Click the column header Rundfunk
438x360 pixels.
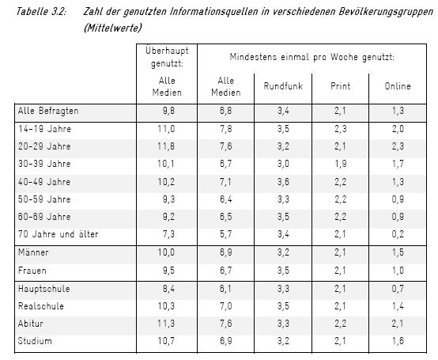click(x=283, y=86)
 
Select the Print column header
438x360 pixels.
click(x=340, y=86)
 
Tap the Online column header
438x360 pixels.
click(x=398, y=86)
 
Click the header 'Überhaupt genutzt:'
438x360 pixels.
click(x=167, y=57)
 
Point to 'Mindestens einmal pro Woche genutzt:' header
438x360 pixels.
click(x=312, y=57)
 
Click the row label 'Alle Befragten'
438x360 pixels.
click(x=48, y=111)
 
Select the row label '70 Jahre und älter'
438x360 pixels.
click(x=58, y=234)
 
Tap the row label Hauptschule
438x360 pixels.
click(x=43, y=289)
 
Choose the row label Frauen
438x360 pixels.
click(x=32, y=271)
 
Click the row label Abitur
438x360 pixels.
click(x=31, y=324)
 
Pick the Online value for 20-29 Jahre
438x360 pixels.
click(x=398, y=146)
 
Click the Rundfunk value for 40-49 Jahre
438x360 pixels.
click(x=283, y=182)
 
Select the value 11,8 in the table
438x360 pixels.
click(x=166, y=146)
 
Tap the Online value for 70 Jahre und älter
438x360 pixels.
click(x=398, y=234)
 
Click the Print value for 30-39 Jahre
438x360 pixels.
click(x=340, y=164)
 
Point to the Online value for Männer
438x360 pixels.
click(x=398, y=252)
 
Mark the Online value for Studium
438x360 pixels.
click(x=398, y=341)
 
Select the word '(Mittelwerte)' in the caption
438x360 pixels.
click(x=113, y=28)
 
